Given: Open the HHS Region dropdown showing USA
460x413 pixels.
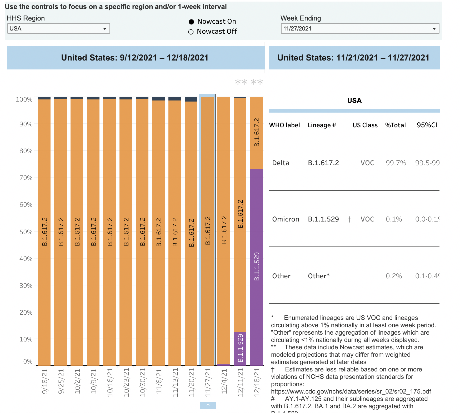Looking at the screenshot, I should tap(58, 28).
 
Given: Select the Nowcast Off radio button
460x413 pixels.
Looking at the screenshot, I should tap(191, 32).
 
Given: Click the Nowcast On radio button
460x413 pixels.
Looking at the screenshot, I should tap(192, 22).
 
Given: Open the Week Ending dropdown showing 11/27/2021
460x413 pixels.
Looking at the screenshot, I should tap(360, 28).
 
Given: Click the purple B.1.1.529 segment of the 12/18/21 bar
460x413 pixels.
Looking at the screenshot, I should tap(256, 267).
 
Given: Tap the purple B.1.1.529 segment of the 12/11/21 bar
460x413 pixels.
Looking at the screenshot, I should tap(240, 349).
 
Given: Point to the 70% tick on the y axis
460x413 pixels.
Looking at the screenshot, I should tap(26, 178).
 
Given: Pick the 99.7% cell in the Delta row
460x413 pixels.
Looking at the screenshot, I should tap(396, 163).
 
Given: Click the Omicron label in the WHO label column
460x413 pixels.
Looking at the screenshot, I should tap(286, 219).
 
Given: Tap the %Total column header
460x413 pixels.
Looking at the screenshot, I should tap(395, 125).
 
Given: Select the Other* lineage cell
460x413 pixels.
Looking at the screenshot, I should tap(319, 276).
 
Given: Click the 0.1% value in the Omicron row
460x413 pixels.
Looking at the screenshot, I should tap(394, 219).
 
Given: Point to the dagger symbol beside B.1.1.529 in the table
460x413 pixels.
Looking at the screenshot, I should tap(349, 219).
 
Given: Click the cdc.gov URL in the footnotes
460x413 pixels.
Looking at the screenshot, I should tap(351, 391).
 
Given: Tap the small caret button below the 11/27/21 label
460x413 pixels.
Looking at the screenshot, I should tap(208, 405).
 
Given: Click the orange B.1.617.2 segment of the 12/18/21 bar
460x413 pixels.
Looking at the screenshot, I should tap(256, 133).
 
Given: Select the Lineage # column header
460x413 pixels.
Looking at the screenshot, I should tap(322, 125).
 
